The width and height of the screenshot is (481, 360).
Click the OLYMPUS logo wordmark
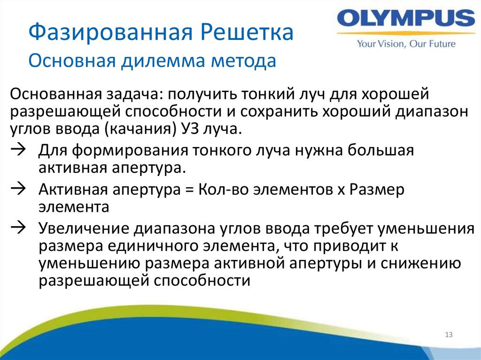click(x=406, y=20)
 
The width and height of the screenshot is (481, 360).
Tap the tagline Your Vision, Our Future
click(x=406, y=44)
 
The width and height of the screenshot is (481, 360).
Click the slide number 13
click(x=448, y=335)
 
